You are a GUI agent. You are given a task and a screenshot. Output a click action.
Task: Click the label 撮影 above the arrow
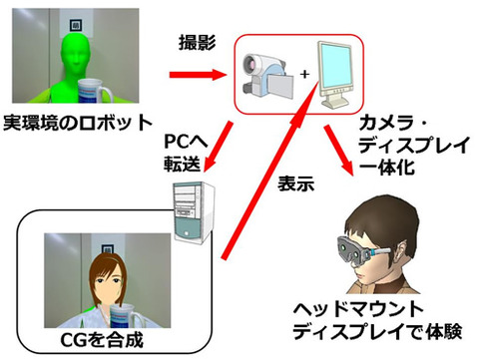pyautogui.click(x=198, y=43)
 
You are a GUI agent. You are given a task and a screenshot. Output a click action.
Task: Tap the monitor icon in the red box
pyautogui.click(x=335, y=74)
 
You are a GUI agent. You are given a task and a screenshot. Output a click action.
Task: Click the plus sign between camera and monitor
pyautogui.click(x=304, y=74)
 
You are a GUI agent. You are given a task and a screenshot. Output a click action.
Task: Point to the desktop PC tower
pyautogui.click(x=193, y=212)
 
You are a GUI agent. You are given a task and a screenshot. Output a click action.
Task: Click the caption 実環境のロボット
pyautogui.click(x=78, y=123)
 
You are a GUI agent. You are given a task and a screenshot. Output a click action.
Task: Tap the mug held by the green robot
pyautogui.click(x=93, y=91)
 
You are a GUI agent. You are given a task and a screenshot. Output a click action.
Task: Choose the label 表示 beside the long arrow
pyautogui.click(x=295, y=183)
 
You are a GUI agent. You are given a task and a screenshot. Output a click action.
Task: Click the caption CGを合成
pyautogui.click(x=102, y=340)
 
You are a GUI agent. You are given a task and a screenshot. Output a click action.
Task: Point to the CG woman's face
pyautogui.click(x=107, y=283)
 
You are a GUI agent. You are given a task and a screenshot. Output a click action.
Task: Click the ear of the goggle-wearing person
pyautogui.click(x=402, y=251)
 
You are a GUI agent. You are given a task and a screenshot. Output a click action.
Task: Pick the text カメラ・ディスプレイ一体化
pyautogui.click(x=414, y=145)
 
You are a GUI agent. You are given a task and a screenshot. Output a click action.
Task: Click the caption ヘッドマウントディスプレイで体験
pyautogui.click(x=377, y=320)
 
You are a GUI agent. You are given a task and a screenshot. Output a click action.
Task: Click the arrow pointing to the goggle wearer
pyautogui.click(x=338, y=150)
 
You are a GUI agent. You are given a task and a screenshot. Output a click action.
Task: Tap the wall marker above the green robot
pyautogui.click(x=76, y=25)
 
